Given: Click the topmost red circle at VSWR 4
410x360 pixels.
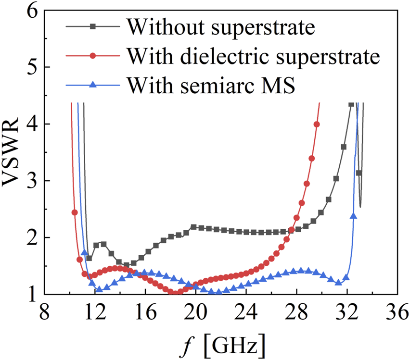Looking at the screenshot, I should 317,124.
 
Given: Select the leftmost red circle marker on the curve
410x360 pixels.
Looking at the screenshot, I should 75,212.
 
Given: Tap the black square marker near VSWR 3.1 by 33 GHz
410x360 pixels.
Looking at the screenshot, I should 359,173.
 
